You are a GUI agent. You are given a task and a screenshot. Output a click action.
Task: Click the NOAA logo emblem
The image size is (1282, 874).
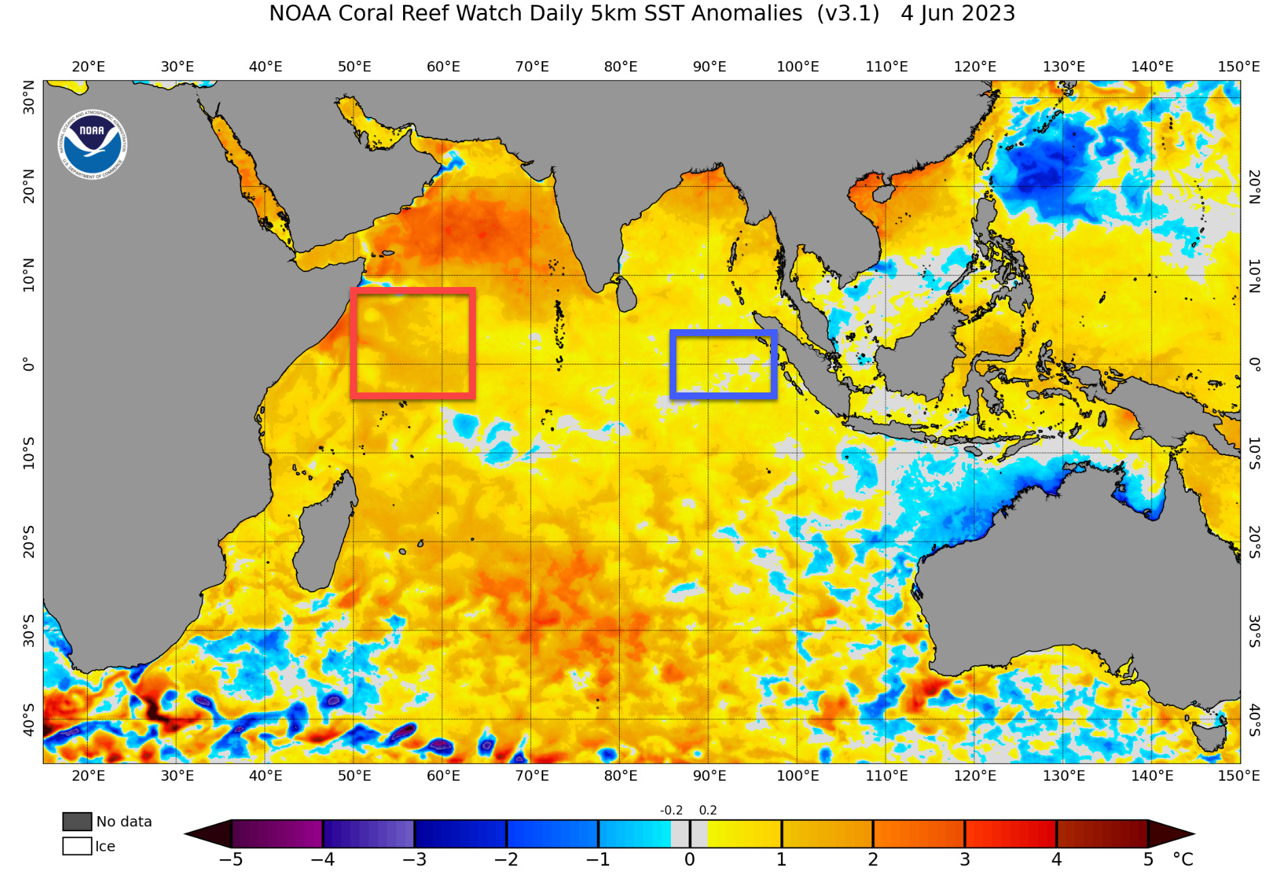click(92, 144)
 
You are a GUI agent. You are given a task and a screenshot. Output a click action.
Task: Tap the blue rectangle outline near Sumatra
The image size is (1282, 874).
click(723, 333)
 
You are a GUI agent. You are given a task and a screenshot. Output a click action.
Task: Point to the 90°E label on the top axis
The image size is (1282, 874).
click(709, 67)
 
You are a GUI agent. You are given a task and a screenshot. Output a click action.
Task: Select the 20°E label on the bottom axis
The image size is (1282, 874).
click(88, 775)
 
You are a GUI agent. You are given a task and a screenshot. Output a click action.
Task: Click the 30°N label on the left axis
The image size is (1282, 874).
click(29, 97)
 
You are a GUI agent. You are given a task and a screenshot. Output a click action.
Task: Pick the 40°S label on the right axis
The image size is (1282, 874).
click(1254, 720)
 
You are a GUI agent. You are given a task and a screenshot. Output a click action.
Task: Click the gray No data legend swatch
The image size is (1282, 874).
click(77, 822)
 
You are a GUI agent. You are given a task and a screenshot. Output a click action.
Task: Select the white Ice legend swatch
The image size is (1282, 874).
click(77, 846)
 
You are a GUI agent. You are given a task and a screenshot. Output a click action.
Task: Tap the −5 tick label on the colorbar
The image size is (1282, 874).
click(230, 860)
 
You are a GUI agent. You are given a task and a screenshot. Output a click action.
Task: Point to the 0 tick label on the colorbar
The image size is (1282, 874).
click(689, 860)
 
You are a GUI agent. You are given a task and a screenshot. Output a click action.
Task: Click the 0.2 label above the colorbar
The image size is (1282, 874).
click(708, 810)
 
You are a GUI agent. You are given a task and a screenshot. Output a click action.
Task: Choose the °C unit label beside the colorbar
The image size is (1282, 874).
click(1183, 860)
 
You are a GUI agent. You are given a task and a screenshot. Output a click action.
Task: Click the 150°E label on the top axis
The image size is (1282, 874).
click(1238, 67)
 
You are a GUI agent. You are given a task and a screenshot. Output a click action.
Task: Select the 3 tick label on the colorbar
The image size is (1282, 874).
click(965, 860)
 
